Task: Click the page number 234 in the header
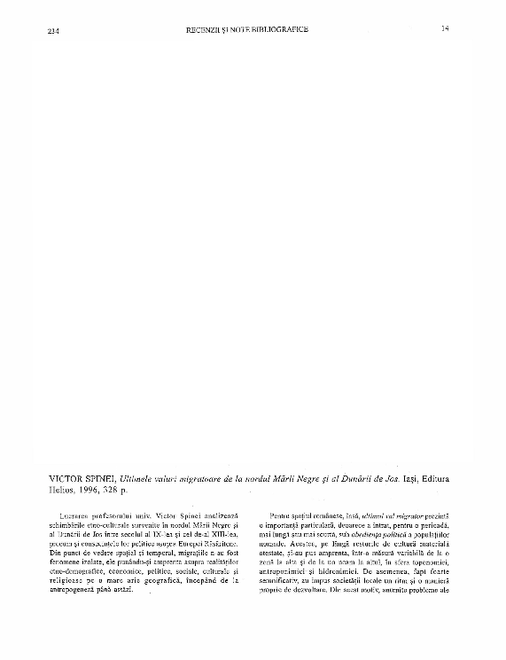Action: (x=52, y=31)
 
